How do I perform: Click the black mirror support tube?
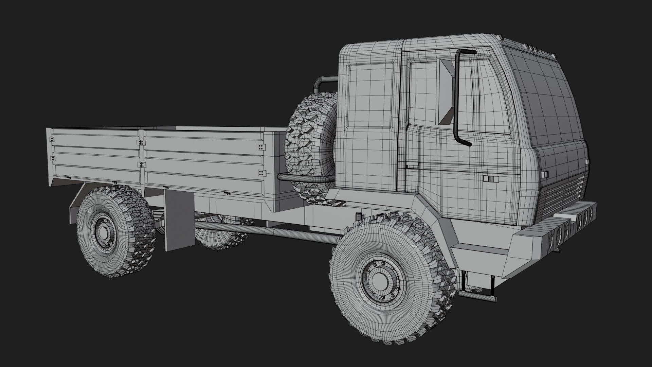(x=456, y=99)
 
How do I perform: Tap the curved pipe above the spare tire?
(x=323, y=82)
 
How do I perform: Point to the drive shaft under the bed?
(x=265, y=232)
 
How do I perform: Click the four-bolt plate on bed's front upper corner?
(x=262, y=147)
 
